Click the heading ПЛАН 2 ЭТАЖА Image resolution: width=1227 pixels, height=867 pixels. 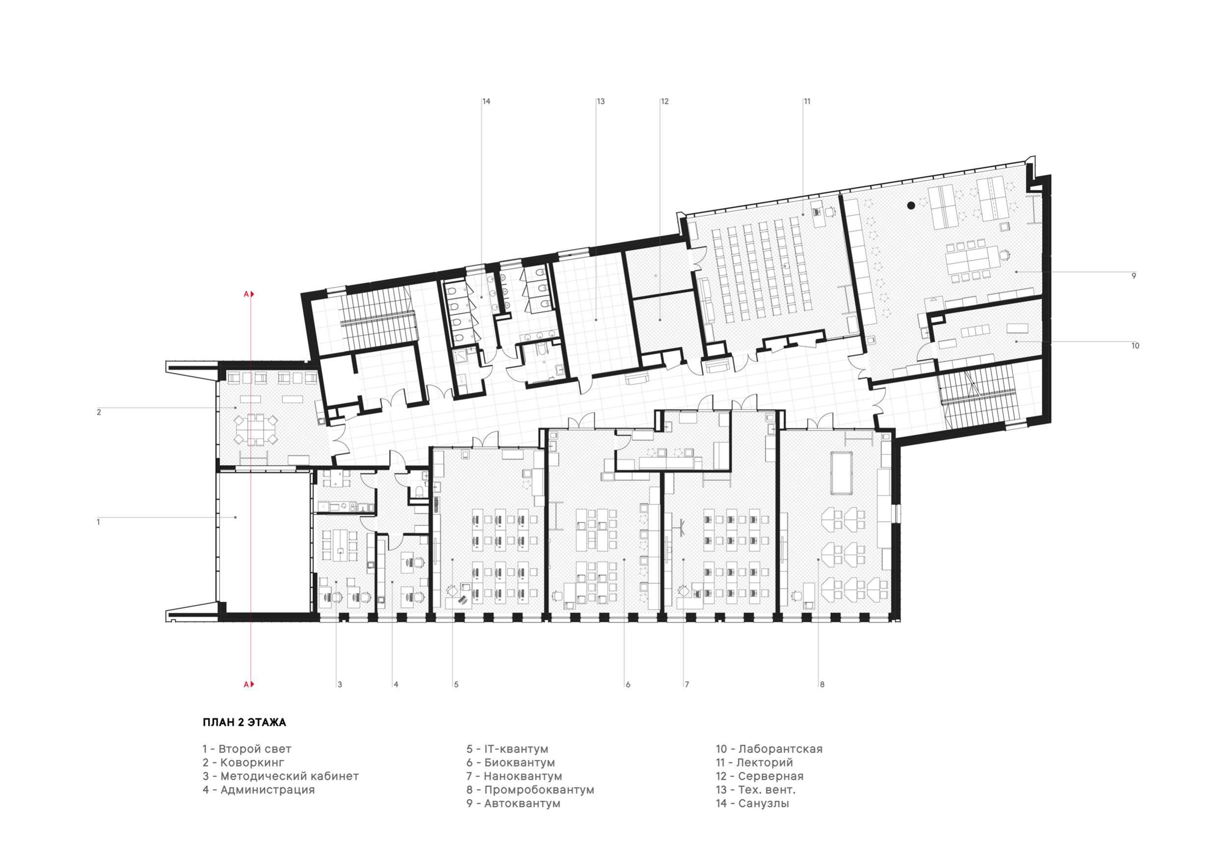[244, 722]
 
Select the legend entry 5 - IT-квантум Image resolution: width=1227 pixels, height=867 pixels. [507, 749]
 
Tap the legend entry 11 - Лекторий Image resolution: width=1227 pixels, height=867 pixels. [754, 762]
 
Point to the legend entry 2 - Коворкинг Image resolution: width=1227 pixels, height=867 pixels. [243, 762]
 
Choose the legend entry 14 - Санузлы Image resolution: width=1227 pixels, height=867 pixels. [752, 803]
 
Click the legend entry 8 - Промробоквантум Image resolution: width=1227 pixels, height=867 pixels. [530, 789]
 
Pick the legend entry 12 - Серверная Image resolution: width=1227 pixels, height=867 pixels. [760, 776]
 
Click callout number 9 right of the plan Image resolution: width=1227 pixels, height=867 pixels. [1133, 276]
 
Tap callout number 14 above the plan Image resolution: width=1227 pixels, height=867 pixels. [486, 102]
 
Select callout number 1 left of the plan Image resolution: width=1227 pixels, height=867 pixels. [98, 522]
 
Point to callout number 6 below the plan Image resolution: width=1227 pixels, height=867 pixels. [628, 684]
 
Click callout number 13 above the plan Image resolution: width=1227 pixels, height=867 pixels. [601, 102]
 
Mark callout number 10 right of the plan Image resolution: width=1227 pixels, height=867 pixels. [1135, 345]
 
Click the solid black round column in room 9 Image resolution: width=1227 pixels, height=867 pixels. [911, 205]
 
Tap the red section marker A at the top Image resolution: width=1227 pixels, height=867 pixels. [248, 294]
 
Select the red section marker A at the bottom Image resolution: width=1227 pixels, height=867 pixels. [248, 684]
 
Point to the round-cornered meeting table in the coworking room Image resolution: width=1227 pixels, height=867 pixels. [257, 428]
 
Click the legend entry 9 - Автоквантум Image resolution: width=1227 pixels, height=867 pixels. [513, 803]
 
